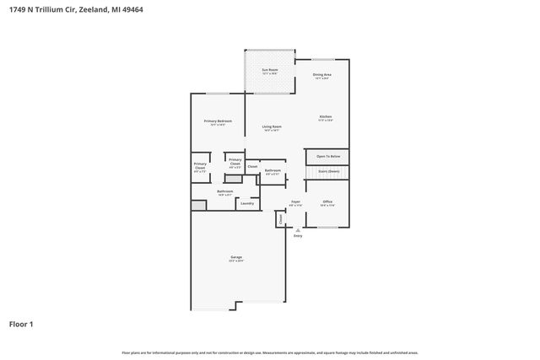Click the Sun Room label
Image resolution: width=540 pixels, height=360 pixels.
pos(269,72)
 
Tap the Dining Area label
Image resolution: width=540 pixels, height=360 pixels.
pos(321,75)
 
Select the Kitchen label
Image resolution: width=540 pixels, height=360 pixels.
pos(325,116)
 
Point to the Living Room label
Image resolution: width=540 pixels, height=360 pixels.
pos(272,126)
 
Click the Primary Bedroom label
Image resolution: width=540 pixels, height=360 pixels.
pos(218,121)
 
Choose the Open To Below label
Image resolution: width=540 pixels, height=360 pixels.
pos(328,156)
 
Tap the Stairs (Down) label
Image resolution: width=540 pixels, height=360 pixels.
pos(328,171)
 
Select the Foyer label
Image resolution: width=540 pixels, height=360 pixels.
pos(295,201)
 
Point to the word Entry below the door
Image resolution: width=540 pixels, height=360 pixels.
pos(297,235)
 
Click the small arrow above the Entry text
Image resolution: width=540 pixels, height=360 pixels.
pos(297,228)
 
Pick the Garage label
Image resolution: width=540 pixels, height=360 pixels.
pos(236,257)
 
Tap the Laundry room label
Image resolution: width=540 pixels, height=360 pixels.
pos(247,202)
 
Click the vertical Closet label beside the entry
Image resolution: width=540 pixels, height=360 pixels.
pos(280,218)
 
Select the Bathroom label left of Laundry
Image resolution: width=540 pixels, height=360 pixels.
pos(224,192)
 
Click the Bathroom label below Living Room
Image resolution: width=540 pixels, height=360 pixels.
pos(273,170)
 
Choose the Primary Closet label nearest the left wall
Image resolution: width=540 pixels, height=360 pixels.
pos(200,166)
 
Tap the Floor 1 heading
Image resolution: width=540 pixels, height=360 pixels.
pos(21,324)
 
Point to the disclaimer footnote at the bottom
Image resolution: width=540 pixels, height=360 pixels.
pos(270,352)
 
